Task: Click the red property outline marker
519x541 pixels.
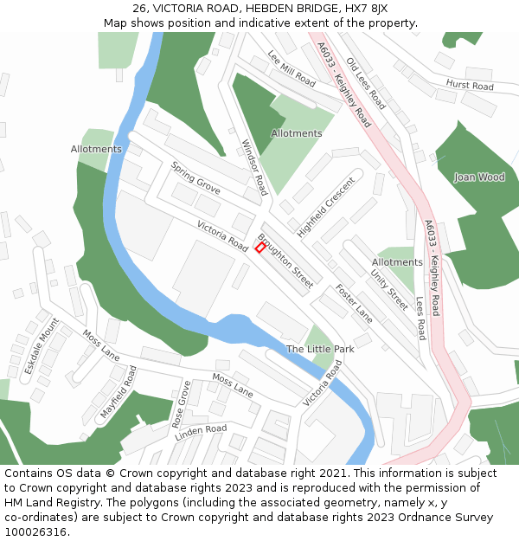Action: click(x=260, y=248)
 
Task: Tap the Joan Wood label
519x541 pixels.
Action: click(x=479, y=177)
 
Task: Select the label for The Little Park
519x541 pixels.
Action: click(x=320, y=349)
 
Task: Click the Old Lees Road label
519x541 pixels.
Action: click(x=366, y=82)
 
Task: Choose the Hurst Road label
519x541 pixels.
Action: click(x=470, y=86)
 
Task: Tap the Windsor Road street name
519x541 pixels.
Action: click(x=254, y=167)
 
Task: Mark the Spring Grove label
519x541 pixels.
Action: click(x=195, y=177)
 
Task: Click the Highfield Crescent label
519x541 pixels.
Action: click(x=326, y=207)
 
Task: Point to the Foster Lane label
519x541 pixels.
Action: click(x=354, y=304)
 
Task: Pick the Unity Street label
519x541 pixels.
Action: click(x=389, y=288)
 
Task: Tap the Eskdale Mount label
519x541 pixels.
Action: click(x=41, y=345)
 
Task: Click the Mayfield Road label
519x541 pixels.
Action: click(x=119, y=392)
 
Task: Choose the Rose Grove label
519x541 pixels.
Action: click(x=180, y=403)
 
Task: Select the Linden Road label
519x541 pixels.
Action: click(x=201, y=432)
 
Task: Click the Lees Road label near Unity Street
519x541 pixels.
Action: click(x=421, y=319)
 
